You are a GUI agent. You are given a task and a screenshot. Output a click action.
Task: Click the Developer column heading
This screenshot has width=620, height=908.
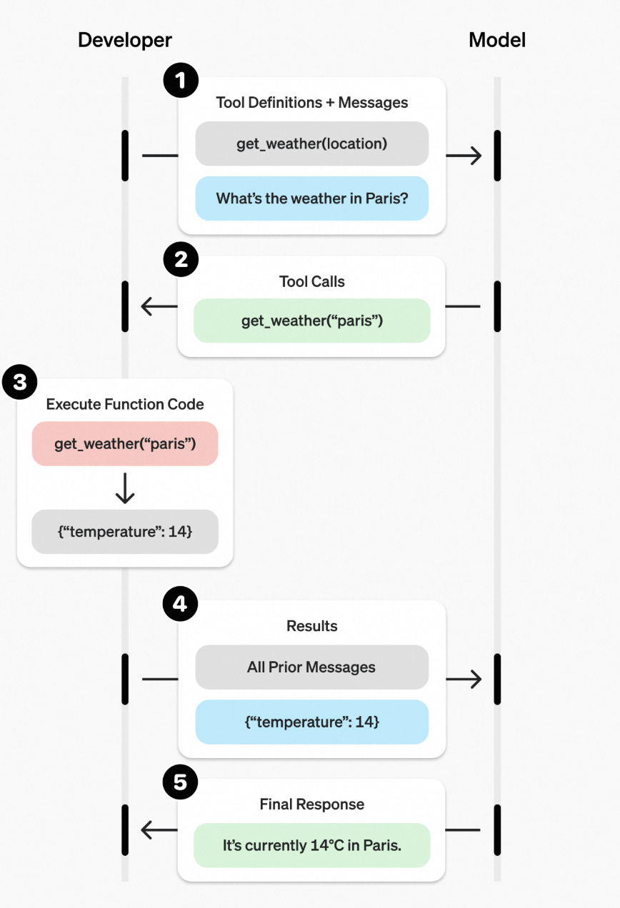click(125, 41)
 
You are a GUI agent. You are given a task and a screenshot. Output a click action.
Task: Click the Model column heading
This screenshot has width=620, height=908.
click(497, 40)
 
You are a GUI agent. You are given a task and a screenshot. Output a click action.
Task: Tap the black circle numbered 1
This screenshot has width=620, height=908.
click(181, 80)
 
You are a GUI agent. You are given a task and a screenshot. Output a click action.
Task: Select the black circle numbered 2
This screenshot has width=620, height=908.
click(181, 259)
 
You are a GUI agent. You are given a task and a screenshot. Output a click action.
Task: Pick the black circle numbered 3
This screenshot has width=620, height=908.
click(19, 382)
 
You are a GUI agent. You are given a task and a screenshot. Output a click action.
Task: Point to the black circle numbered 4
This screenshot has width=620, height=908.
click(180, 604)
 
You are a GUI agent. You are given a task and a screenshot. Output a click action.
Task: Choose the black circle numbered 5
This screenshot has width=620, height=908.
click(180, 782)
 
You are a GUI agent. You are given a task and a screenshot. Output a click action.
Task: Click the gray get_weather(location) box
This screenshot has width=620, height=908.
click(312, 143)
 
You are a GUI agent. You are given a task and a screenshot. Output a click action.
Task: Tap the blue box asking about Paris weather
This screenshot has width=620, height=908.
click(312, 198)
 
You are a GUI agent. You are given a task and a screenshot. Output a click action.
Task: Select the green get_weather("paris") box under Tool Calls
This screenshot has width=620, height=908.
click(312, 321)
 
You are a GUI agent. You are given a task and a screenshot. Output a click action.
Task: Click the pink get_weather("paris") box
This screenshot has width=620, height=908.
click(125, 443)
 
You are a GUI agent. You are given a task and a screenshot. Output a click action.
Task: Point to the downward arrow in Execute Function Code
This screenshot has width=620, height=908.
click(125, 488)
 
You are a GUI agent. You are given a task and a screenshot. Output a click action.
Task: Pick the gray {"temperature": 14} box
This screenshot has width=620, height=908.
click(125, 531)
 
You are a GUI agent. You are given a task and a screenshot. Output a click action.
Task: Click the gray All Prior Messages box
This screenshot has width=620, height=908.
click(312, 667)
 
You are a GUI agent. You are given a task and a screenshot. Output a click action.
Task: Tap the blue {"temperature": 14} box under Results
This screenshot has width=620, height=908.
click(312, 722)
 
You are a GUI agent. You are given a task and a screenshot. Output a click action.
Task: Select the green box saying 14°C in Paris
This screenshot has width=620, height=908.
click(312, 845)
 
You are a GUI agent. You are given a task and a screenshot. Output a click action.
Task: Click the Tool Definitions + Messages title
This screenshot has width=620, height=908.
click(312, 103)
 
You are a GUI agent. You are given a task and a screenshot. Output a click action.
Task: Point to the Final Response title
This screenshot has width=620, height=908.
click(312, 804)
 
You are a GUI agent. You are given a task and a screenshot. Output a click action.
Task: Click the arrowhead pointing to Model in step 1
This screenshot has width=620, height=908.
click(476, 155)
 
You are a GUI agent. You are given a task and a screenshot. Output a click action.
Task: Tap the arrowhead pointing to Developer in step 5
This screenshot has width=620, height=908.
click(147, 829)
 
